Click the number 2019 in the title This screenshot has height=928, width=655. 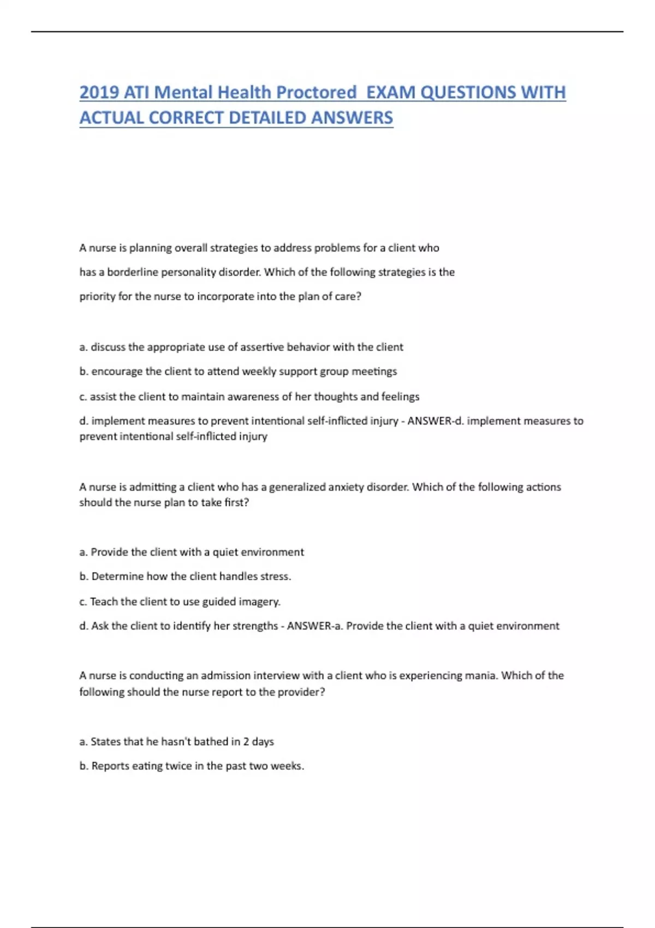click(x=99, y=92)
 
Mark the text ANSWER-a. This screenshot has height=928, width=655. click(x=315, y=626)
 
